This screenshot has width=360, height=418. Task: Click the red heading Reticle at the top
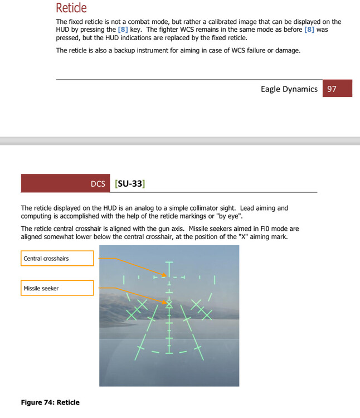click(x=71, y=8)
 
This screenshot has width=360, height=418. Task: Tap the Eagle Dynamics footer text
click(x=289, y=89)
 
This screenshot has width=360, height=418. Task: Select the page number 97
click(x=332, y=89)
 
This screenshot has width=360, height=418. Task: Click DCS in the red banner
click(x=98, y=183)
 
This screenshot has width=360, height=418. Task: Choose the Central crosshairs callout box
click(x=57, y=259)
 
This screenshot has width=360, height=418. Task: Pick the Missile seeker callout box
click(x=57, y=288)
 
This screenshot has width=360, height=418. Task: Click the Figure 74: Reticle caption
click(x=50, y=402)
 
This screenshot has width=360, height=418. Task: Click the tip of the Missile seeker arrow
click(x=168, y=303)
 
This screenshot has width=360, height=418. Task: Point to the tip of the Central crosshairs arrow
click(x=166, y=275)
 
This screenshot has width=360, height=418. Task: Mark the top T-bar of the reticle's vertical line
click(x=169, y=263)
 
